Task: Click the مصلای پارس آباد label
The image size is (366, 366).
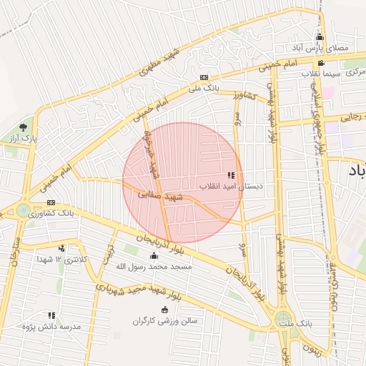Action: pos(319,47)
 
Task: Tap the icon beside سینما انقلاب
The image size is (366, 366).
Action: pos(321,62)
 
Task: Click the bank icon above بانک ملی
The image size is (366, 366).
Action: pos(204,77)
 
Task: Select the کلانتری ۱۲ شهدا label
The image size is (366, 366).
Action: pos(64,259)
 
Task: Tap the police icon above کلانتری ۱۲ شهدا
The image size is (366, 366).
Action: pos(62,248)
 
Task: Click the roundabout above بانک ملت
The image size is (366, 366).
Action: pos(285,319)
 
